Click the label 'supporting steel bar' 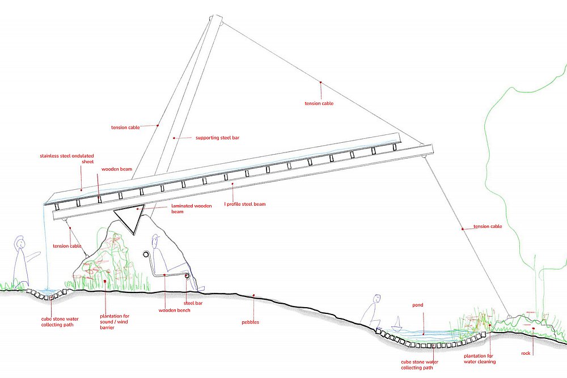217,138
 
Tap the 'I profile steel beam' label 245,204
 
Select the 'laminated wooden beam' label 191,209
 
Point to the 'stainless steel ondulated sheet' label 67,159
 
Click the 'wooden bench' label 174,310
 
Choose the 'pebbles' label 250,322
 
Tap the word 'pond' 418,305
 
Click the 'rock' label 526,353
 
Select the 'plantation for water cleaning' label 480,359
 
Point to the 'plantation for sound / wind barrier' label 115,322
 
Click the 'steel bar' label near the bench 193,303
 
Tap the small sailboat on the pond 397,324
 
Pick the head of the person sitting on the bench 156,239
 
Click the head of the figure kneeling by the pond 377,299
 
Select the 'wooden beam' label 116,169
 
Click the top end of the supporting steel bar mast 216,19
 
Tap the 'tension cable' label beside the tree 488,226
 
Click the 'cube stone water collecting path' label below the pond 420,364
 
